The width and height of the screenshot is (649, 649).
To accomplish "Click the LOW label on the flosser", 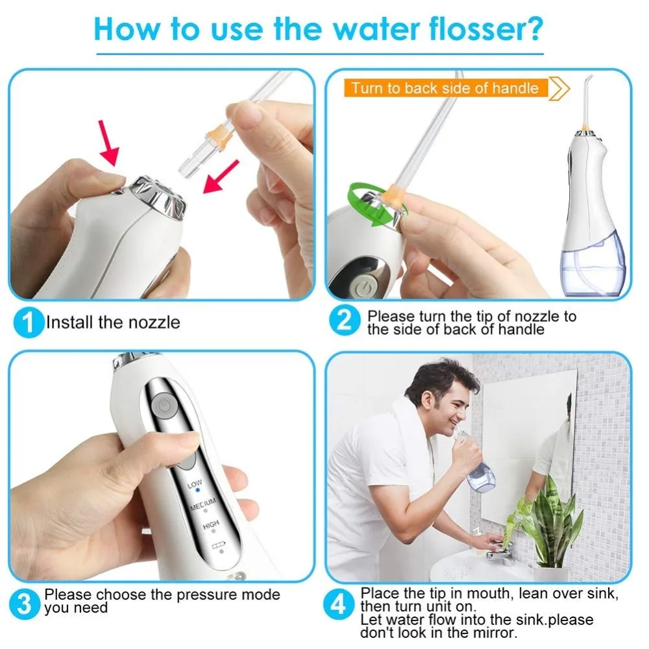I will tap(195, 484).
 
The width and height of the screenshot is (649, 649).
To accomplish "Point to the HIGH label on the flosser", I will tap(210, 525).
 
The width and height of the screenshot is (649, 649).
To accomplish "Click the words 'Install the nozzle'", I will tap(112, 323).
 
